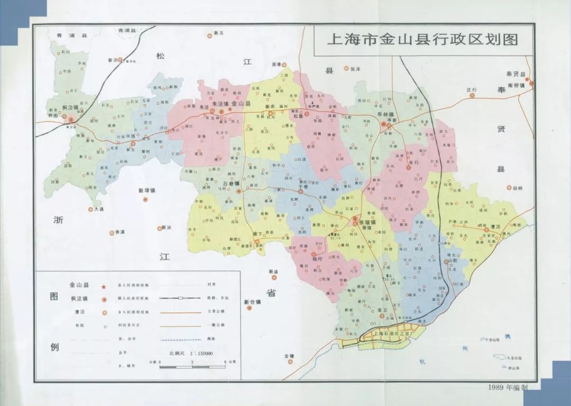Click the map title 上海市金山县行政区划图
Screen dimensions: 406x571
pyautogui.click(x=422, y=40)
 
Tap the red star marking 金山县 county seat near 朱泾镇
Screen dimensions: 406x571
pyautogui.click(x=230, y=110)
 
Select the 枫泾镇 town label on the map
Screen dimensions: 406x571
pyautogui.click(x=69, y=108)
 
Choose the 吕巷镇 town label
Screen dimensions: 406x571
pyautogui.click(x=229, y=183)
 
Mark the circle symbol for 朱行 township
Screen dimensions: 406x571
pyautogui.click(x=408, y=168)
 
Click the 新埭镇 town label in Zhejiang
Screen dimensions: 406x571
pyautogui.click(x=146, y=191)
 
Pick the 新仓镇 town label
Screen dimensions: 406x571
pyautogui.click(x=252, y=302)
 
